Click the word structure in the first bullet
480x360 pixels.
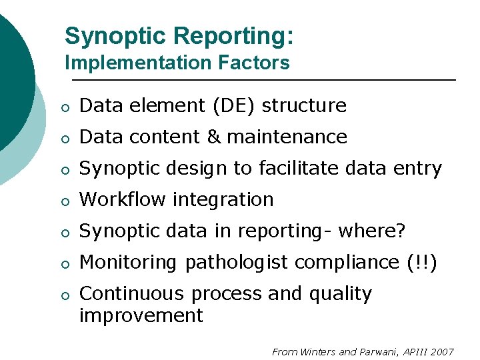[304, 106]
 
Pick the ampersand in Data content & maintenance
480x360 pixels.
[213, 137]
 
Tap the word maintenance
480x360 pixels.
[287, 137]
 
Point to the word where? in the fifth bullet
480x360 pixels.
[372, 231]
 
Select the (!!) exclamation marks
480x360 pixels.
[421, 262]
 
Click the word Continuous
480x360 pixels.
[131, 293]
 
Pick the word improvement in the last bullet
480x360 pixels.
[141, 315]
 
